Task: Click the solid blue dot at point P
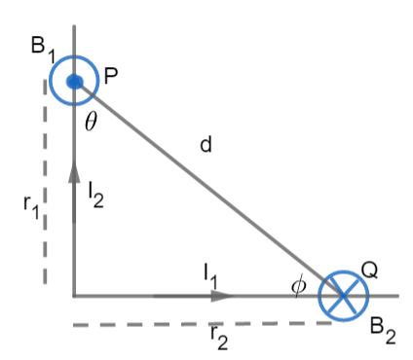pos(75,81)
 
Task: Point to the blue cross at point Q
pos(343,294)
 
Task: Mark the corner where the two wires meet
pos(75,296)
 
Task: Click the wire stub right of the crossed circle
pos(385,296)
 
